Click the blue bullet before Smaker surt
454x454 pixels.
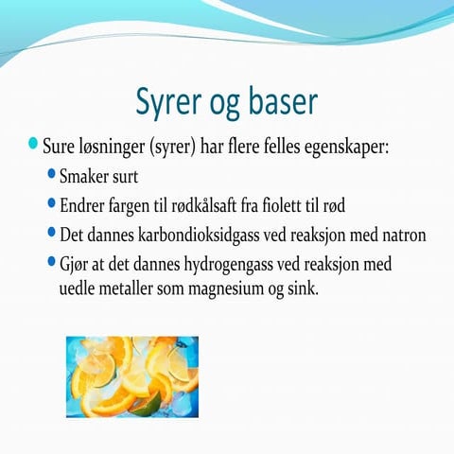tap(51, 173)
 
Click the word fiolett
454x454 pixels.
tap(302, 204)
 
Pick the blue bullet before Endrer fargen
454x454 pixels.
tap(51, 201)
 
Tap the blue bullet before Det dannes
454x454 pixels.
tap(51, 230)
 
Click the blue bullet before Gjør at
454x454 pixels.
tap(51, 258)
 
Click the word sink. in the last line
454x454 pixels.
tap(299, 286)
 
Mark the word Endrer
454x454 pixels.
tap(84, 204)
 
